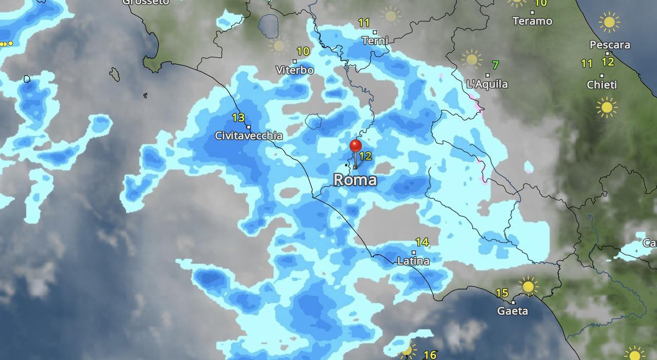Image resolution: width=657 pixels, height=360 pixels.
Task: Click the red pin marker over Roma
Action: click(355, 146)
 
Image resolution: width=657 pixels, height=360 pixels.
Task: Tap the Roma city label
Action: click(355, 180)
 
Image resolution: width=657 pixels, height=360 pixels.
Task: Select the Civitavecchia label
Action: click(248, 136)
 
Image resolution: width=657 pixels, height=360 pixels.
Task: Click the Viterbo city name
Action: click(295, 70)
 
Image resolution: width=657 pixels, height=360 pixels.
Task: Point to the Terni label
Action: click(375, 40)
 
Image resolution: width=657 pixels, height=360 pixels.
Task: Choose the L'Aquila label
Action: click(487, 84)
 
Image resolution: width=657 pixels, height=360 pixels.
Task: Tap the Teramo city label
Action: click(532, 21)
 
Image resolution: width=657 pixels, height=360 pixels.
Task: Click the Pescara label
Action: click(610, 45)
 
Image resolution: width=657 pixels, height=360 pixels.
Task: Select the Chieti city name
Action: click(602, 85)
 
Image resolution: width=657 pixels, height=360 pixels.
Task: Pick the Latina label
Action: click(413, 261)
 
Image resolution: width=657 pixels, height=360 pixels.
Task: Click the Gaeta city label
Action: click(512, 311)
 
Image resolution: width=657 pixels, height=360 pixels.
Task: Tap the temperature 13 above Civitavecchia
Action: click(238, 118)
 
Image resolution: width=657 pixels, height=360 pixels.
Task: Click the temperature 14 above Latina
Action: click(421, 242)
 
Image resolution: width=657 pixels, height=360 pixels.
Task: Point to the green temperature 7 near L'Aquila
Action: click(495, 65)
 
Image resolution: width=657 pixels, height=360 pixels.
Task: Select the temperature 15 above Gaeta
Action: click(502, 293)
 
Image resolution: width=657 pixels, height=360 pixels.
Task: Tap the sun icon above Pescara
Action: click(609, 22)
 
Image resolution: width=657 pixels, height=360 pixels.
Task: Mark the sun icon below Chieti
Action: click(607, 107)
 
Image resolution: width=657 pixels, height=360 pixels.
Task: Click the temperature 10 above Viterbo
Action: click(303, 51)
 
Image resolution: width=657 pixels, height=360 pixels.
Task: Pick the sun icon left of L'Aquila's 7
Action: click(471, 59)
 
